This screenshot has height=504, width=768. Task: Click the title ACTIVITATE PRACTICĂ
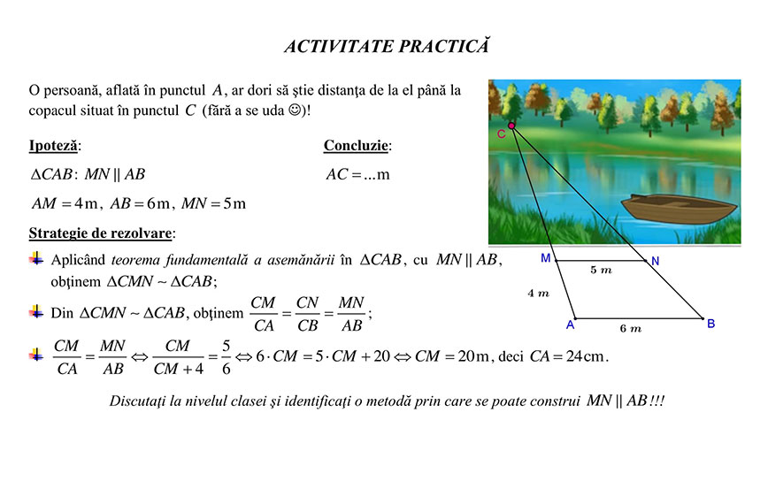pos(386,47)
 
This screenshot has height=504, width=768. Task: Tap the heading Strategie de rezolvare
pos(102,233)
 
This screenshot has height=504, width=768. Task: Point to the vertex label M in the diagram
pos(545,258)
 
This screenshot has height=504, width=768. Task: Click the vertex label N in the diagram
pos(655,261)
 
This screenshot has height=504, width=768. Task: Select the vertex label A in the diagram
pos(571,325)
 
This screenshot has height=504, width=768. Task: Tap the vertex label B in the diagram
pos(710,325)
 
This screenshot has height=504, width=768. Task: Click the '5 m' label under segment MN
pos(601,270)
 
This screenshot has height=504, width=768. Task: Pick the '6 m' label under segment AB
pos(630,328)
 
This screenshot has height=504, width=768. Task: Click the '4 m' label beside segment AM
pos(538,293)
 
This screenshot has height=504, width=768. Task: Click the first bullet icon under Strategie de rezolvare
pos(36,259)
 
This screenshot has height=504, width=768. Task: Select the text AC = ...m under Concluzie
pos(357,174)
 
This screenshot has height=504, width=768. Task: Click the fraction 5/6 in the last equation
pos(226,356)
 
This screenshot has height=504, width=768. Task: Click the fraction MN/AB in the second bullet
pos(351,314)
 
